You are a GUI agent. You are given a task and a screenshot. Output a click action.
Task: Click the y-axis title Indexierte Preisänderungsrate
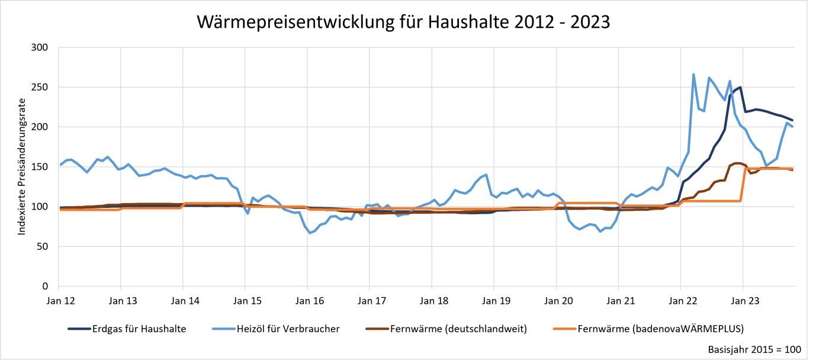[x=22, y=166]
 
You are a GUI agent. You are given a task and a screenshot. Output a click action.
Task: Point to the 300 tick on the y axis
[x=40, y=47]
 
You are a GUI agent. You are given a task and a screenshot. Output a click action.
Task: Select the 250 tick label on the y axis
[x=40, y=87]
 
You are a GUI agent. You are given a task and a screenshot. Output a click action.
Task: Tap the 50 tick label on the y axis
[x=43, y=246]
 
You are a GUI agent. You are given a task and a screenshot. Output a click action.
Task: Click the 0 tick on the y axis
[x=46, y=287]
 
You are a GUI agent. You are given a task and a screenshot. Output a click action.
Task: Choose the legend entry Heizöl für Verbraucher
[x=285, y=329]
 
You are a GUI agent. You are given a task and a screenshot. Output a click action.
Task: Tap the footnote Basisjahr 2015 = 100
[x=754, y=349]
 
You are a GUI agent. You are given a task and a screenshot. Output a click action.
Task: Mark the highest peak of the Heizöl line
[x=693, y=75]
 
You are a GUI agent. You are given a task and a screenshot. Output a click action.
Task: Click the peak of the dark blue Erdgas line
[x=740, y=88]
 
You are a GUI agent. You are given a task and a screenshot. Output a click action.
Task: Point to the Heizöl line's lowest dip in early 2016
[x=310, y=233]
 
